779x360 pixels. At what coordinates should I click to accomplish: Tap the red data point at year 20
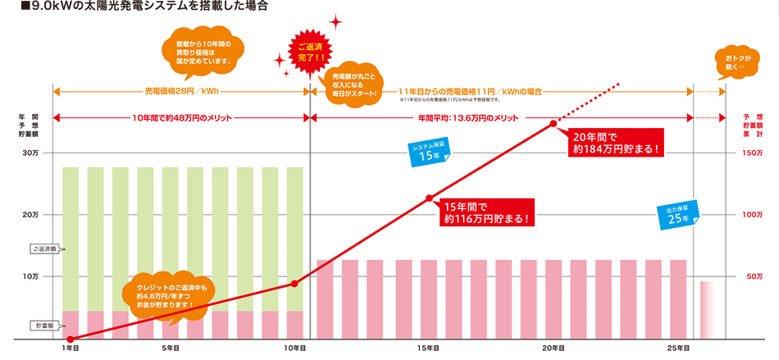pos(553,124)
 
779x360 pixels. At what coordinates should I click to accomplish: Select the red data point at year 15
pos(429,198)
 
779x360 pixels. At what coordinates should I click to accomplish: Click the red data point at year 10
pos(294,284)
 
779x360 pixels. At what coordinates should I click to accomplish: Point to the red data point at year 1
pos(71,339)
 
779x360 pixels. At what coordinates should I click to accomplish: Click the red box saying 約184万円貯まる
pos(615,144)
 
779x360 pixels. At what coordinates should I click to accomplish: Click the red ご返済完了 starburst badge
pos(311,50)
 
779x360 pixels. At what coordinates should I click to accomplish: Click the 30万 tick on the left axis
pos(31,153)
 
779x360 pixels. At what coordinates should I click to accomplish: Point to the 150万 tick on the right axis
pos(754,153)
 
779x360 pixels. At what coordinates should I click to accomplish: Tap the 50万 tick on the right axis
pos(755,277)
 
